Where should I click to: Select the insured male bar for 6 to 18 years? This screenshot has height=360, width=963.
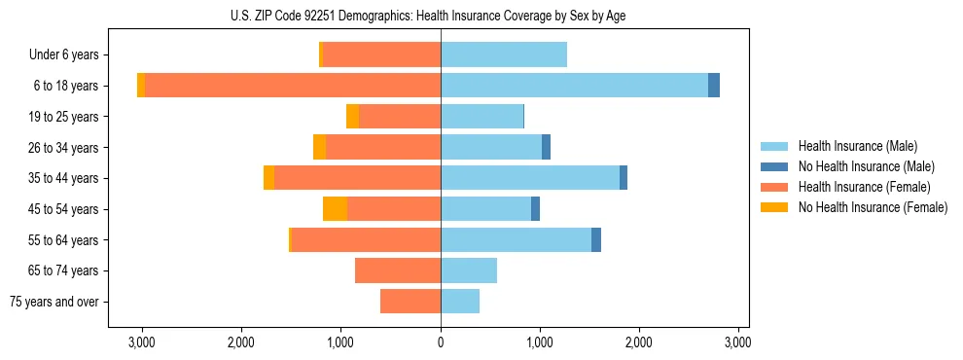click(574, 86)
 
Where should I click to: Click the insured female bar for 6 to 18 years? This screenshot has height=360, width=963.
click(292, 86)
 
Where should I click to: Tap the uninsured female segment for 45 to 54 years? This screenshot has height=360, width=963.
click(335, 209)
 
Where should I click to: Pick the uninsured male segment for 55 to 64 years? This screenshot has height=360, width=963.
click(596, 239)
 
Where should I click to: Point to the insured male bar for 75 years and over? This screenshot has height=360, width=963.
click(460, 302)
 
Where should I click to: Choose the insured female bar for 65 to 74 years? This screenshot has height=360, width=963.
click(398, 270)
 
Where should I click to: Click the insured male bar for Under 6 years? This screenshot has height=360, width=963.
click(504, 55)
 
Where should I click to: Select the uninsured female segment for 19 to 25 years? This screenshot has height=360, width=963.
click(352, 117)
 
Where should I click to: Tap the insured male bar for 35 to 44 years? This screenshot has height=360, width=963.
click(530, 178)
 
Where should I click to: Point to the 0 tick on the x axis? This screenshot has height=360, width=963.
click(441, 342)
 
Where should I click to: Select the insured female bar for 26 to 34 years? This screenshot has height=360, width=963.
click(383, 147)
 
